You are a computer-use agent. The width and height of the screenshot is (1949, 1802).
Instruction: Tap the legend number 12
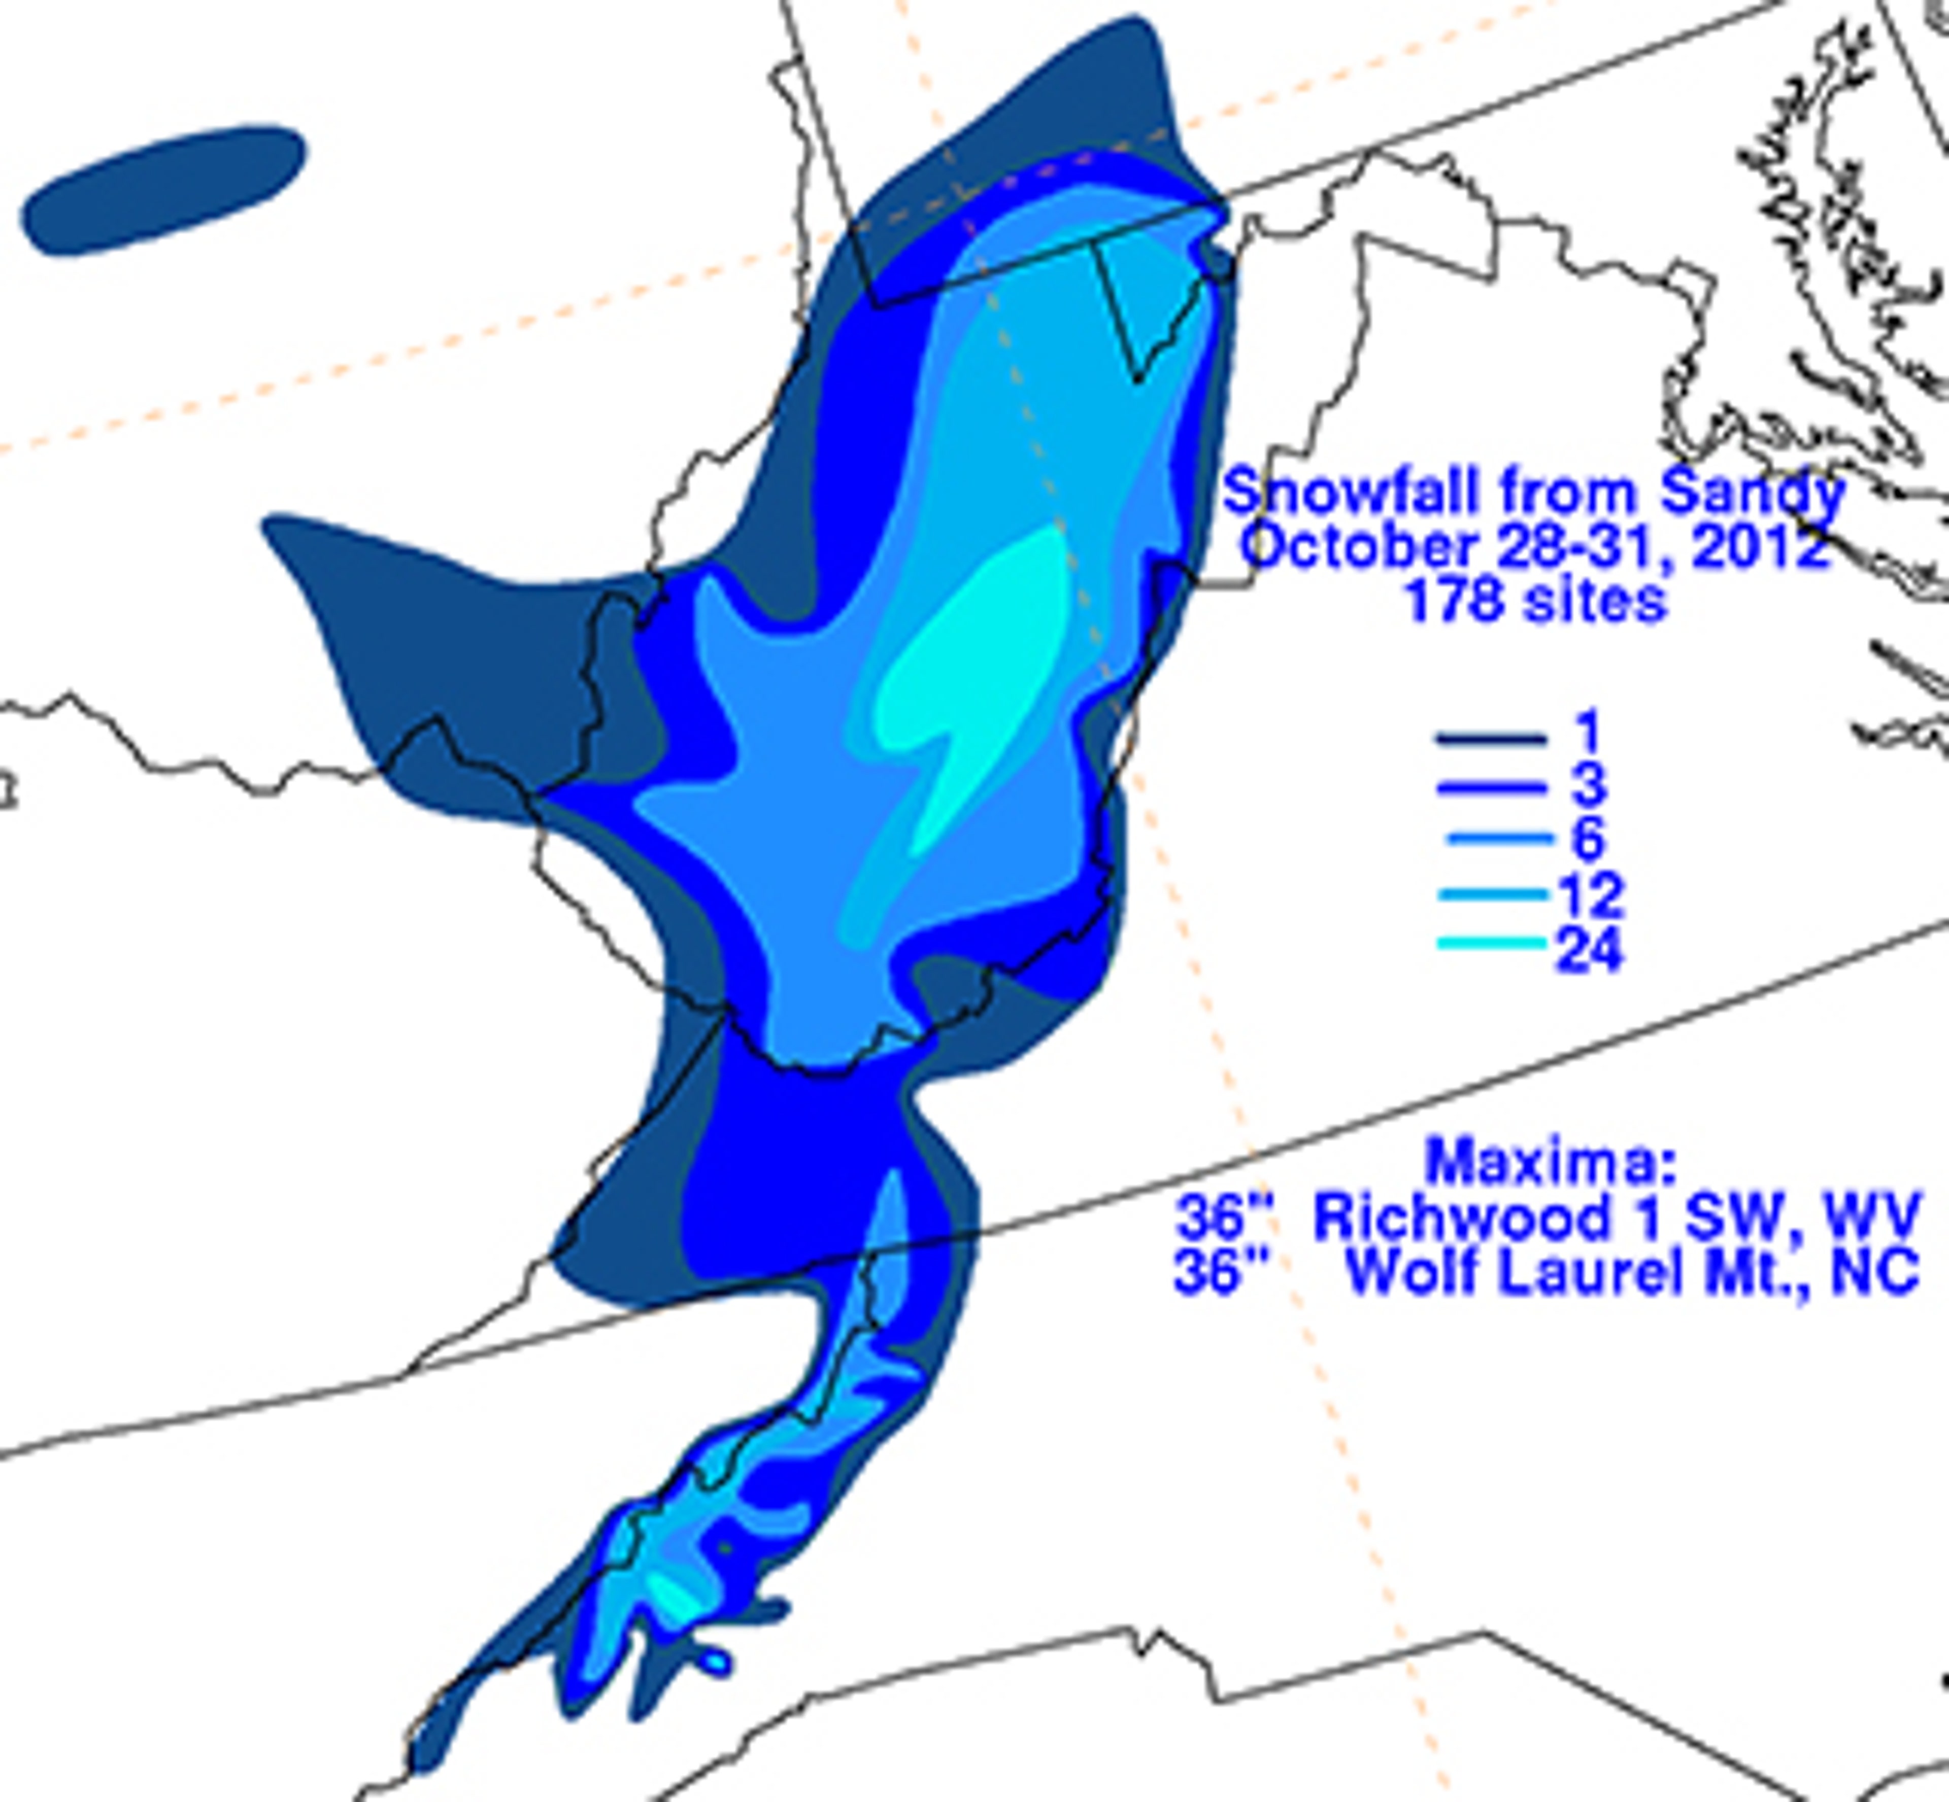pyautogui.click(x=1590, y=894)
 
